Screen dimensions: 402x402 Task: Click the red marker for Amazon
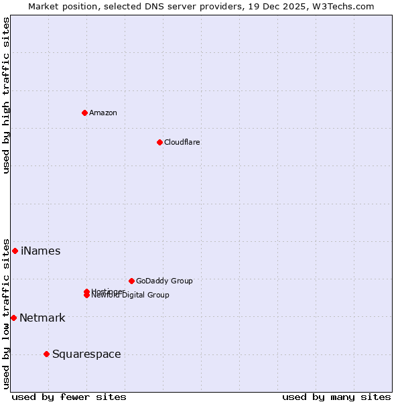click(x=84, y=113)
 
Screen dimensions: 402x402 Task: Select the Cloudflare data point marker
click(x=159, y=142)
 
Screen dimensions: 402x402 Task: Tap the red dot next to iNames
click(x=15, y=251)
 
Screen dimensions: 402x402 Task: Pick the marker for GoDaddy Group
click(x=131, y=281)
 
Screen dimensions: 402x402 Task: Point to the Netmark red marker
click(x=13, y=318)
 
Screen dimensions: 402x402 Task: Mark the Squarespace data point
click(x=46, y=354)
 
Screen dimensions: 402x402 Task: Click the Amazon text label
click(x=103, y=113)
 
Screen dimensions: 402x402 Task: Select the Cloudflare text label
click(x=182, y=142)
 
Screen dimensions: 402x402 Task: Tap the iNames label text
click(x=40, y=251)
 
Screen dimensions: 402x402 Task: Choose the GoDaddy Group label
click(x=164, y=281)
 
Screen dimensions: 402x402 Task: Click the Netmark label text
click(x=42, y=318)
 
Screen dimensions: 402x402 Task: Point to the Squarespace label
click(x=86, y=354)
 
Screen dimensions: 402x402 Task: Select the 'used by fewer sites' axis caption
click(x=69, y=397)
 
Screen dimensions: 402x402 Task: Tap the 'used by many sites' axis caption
click(x=336, y=397)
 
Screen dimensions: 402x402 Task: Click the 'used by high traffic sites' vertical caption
click(x=6, y=95)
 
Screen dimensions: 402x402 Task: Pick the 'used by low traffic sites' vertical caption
click(x=6, y=313)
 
